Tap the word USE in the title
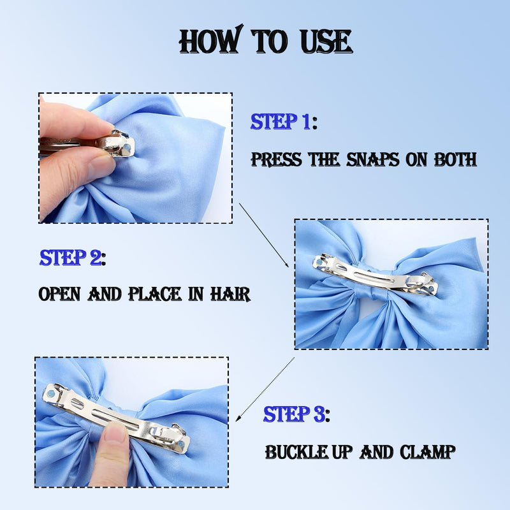point(326,41)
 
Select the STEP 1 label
point(284,122)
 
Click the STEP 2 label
point(73,258)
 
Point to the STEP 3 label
point(296,414)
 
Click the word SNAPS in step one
point(372,159)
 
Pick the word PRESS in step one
point(277,159)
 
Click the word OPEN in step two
point(59,294)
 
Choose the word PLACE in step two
point(155,294)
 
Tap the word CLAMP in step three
point(427,452)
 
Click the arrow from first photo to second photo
point(264,235)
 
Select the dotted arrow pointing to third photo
point(265,390)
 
